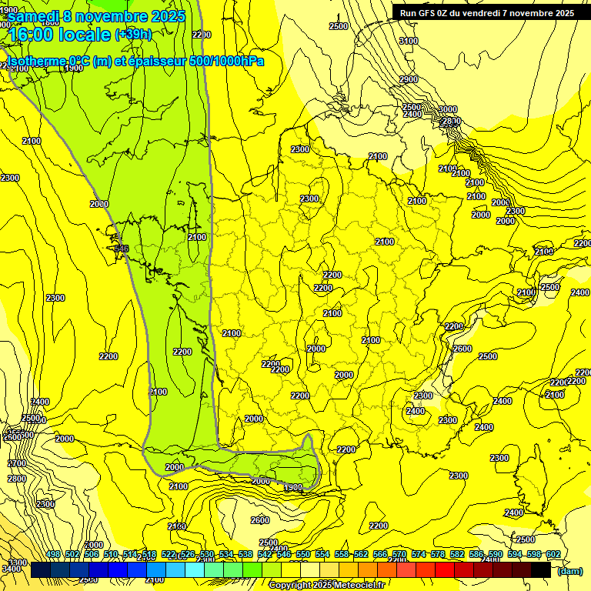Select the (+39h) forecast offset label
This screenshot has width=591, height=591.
click(133, 35)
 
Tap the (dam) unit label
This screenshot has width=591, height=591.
click(569, 570)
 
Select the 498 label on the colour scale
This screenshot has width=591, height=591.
click(53, 555)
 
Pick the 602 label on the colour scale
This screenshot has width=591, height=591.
click(553, 555)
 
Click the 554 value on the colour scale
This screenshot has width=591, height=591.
click(322, 555)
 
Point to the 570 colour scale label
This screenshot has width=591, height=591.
click(399, 555)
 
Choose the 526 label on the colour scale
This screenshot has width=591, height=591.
click(188, 555)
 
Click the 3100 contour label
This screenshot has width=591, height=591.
click(409, 41)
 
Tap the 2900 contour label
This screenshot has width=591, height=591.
click(408, 79)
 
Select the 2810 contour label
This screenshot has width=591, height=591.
click(452, 121)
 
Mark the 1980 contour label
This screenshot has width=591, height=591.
click(292, 488)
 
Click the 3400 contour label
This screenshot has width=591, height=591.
click(11, 569)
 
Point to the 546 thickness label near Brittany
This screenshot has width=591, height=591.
click(121, 249)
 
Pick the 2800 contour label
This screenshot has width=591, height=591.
click(16, 479)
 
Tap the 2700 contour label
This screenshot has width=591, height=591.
click(16, 463)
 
